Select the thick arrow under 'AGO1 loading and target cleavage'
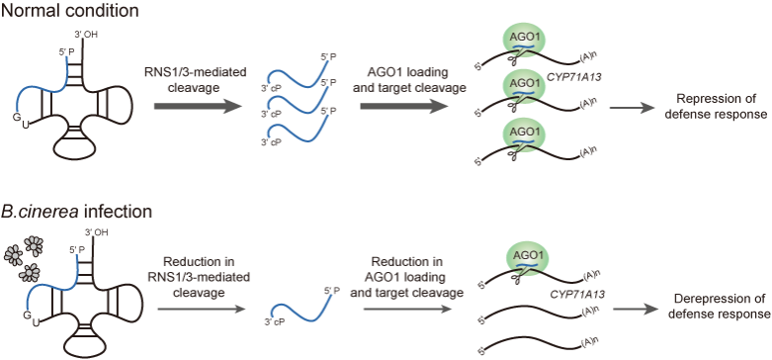click(399, 107)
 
